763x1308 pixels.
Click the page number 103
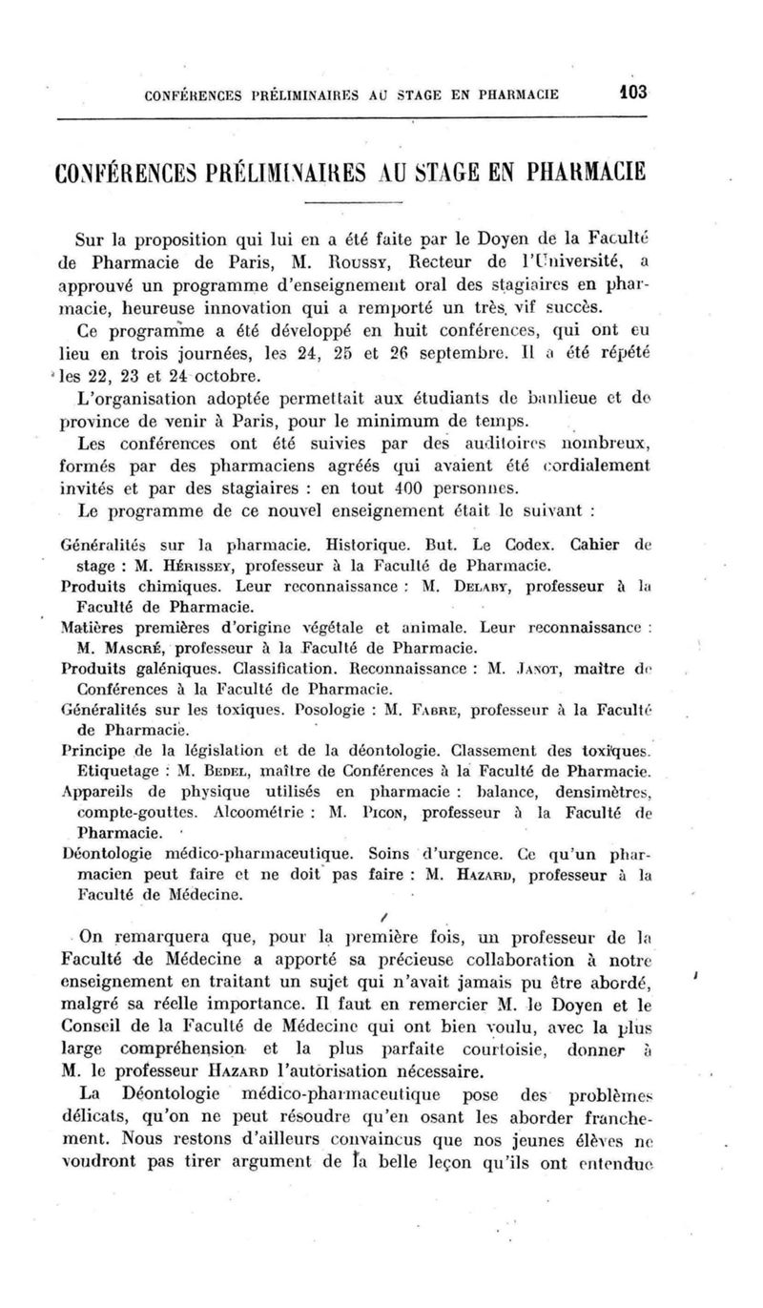tap(630, 93)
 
